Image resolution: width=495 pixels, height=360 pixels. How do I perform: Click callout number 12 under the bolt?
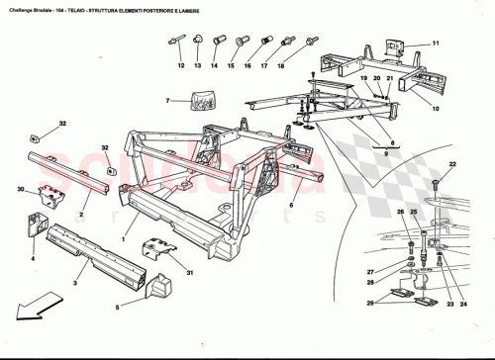point(181,65)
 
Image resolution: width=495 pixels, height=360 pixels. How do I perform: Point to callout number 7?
point(169,100)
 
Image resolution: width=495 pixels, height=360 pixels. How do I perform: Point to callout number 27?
point(372,272)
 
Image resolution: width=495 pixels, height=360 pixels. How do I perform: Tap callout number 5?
point(116,308)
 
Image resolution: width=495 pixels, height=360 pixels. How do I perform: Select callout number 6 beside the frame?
point(291,206)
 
